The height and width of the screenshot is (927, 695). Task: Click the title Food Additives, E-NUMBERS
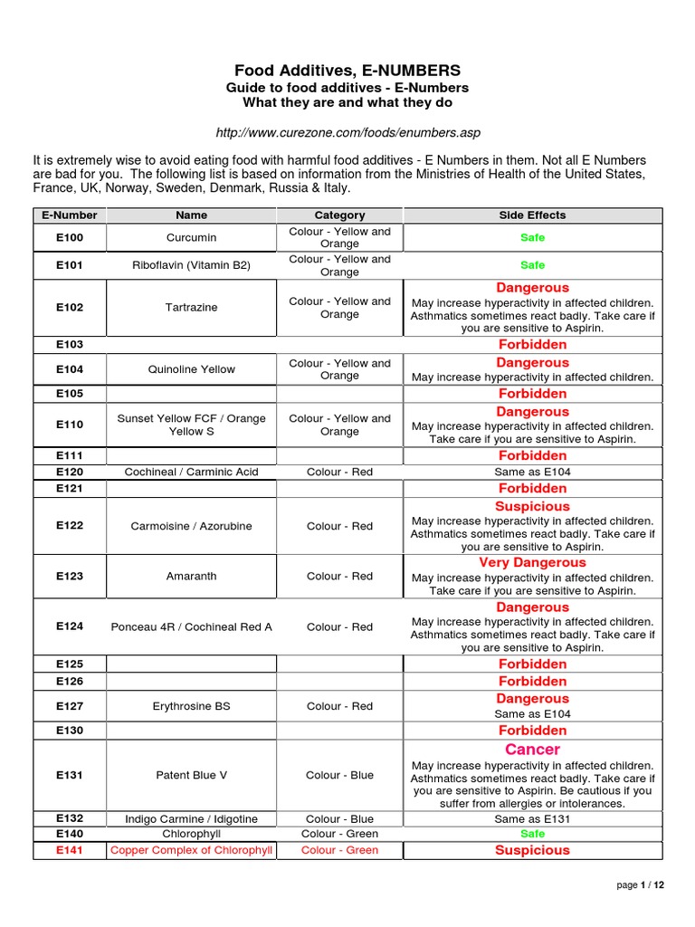tap(347, 70)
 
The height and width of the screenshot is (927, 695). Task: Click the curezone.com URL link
tap(347, 132)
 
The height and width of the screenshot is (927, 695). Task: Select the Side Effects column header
tap(532, 215)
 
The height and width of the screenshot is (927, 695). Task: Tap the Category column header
tap(339, 215)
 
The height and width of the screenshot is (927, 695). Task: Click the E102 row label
tap(70, 308)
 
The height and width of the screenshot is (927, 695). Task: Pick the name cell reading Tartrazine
tap(192, 308)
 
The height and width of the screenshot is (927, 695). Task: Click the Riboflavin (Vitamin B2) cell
tap(192, 265)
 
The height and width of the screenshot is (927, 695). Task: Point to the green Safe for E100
tap(532, 238)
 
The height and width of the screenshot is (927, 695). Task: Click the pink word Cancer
tap(532, 750)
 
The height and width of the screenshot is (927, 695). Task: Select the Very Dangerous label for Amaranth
tap(532, 563)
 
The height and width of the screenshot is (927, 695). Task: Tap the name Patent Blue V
tap(192, 775)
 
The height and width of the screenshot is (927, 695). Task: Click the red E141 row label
tap(70, 850)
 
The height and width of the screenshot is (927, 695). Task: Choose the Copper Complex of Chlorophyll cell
tap(192, 850)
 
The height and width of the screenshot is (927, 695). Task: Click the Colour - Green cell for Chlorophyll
tap(339, 834)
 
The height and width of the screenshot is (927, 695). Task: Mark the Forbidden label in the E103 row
tap(532, 345)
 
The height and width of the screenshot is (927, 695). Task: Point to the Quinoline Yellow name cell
tap(192, 369)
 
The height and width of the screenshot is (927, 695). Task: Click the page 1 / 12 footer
tap(640, 885)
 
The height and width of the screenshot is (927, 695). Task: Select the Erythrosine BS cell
tap(192, 706)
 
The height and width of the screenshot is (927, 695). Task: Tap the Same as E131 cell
tap(532, 819)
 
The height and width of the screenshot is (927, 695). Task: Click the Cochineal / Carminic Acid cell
tap(192, 472)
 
